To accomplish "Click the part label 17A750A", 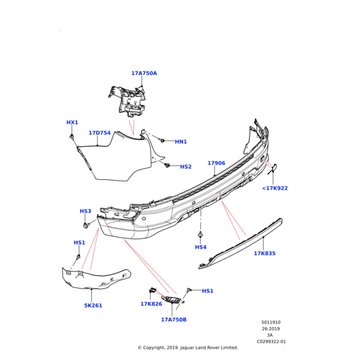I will click(144, 73).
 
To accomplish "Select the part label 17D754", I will click(100, 133).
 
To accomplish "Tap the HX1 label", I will click(72, 122).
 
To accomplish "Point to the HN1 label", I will click(181, 142).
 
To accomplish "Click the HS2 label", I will click(186, 167).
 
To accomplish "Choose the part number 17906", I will click(216, 163).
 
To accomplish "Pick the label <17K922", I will click(275, 188).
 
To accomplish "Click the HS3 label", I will click(85, 211).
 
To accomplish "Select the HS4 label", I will click(200, 247).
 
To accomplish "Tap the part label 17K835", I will click(265, 253).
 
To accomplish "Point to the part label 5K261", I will click(93, 305).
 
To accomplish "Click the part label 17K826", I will click(151, 304).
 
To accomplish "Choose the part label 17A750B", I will click(173, 320).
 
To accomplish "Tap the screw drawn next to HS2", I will click(168, 165).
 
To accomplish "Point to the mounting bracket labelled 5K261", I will click(96, 279).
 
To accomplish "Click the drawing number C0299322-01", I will click(271, 342).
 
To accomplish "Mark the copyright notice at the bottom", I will click(188, 347).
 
